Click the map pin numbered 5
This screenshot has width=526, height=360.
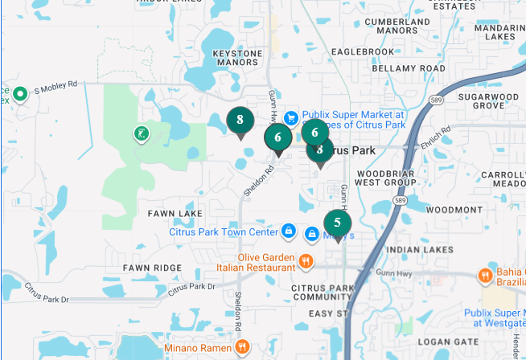[337, 223]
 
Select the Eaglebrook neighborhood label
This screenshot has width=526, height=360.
[361, 51]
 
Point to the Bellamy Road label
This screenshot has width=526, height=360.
[409, 69]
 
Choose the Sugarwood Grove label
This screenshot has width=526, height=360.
[488, 101]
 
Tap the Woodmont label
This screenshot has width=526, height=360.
[454, 210]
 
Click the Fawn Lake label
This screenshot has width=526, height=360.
[175, 214]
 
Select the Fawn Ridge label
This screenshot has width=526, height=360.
[152, 267]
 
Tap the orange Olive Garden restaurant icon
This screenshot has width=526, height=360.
[306, 261]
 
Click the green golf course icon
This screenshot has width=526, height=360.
[141, 133]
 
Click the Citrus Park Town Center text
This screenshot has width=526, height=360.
[223, 232]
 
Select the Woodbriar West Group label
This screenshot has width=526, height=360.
[386, 178]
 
